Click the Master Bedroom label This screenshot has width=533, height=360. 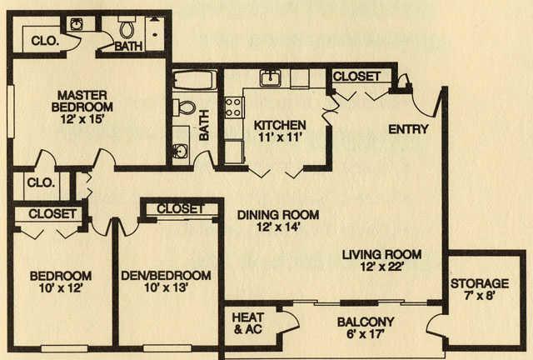click(x=82, y=101)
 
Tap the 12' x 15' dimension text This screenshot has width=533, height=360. click(x=82, y=119)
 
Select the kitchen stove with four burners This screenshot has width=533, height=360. click(x=234, y=107)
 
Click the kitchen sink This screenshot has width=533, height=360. click(x=271, y=78)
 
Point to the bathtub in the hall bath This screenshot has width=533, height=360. click(x=194, y=80)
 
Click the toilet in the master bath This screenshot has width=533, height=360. click(x=127, y=27)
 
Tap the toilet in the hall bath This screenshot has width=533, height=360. click(x=184, y=107)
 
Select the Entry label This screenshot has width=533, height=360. click(x=408, y=129)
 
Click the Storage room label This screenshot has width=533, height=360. click(x=480, y=283)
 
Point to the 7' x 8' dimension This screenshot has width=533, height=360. click(x=480, y=296)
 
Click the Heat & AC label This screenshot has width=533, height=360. click(x=247, y=323)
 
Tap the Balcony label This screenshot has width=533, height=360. click(x=366, y=322)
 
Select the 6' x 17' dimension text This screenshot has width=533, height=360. click(x=366, y=334)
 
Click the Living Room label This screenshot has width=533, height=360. click(x=381, y=254)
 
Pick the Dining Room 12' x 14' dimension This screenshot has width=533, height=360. click(x=278, y=227)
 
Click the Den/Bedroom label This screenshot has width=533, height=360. click(x=166, y=275)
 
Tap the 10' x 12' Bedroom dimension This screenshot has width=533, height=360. click(x=61, y=288)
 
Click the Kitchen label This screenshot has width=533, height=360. click(x=280, y=125)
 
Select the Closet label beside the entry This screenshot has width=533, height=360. click(x=356, y=76)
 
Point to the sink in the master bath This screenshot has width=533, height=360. click(x=77, y=24)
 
